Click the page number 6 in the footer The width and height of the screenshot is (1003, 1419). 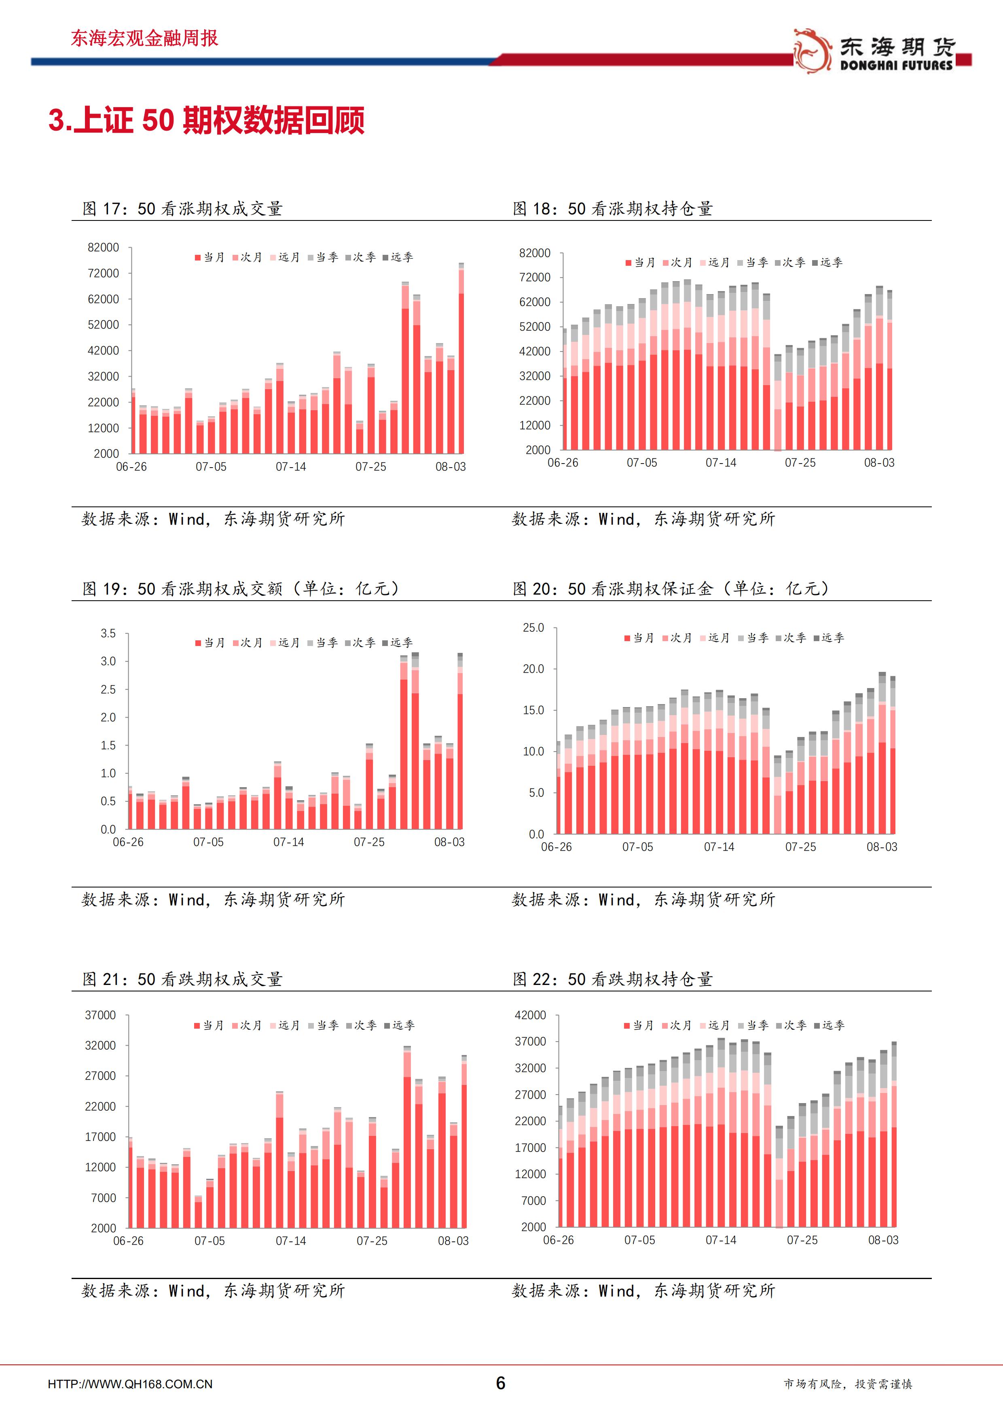501,1383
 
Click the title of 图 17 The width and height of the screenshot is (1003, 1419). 182,209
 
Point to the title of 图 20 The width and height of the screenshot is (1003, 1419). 671,589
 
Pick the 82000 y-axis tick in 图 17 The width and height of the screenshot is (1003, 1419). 103,247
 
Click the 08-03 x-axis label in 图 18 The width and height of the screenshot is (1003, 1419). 879,462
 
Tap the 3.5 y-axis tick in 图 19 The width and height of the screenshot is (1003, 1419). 108,633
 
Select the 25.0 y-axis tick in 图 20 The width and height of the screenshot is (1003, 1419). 533,628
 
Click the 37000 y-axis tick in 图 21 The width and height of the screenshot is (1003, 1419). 100,1015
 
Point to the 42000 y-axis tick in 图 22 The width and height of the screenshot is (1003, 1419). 530,1015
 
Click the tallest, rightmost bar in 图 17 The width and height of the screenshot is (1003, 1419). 461,358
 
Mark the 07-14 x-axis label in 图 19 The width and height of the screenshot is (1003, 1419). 289,842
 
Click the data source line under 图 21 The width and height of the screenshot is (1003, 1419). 213,1290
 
